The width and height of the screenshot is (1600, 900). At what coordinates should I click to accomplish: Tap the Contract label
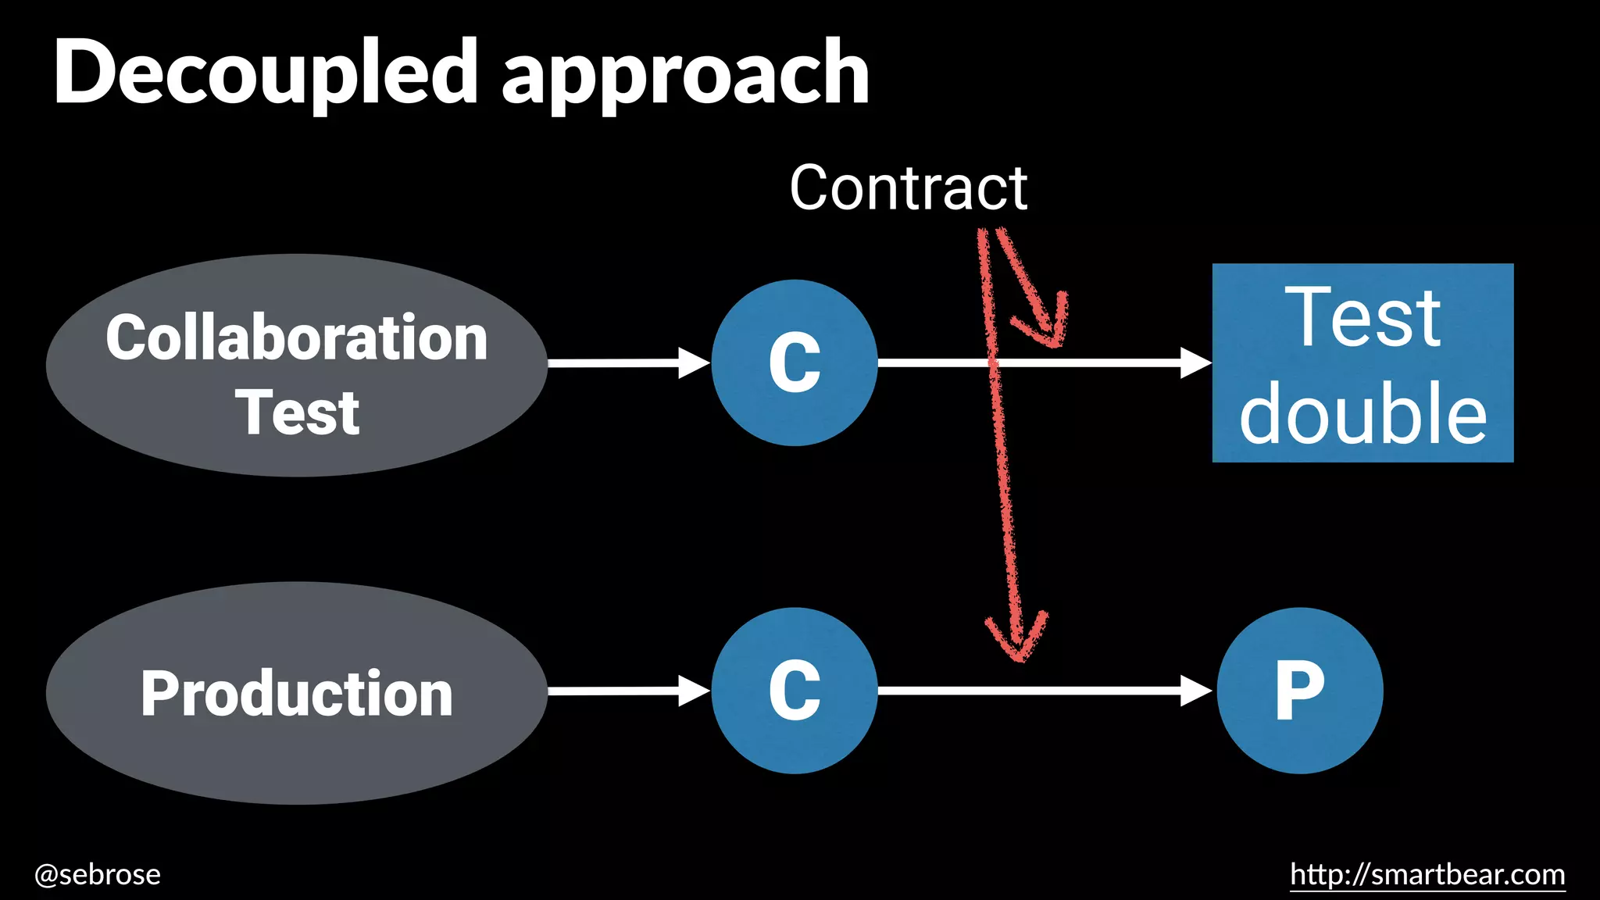click(908, 188)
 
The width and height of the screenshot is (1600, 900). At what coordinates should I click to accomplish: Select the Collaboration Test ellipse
click(296, 365)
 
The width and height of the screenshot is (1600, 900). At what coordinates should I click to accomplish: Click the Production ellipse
click(296, 693)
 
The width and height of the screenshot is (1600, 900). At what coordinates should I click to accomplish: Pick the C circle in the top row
click(794, 362)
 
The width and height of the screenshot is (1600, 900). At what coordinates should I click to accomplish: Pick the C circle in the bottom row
click(794, 691)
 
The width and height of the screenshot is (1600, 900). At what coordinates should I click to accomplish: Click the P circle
click(1299, 691)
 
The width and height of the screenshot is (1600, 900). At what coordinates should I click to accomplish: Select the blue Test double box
click(1362, 362)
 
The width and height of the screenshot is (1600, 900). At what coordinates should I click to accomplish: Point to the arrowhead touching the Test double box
click(1195, 362)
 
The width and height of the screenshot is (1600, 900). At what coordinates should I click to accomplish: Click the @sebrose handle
click(98, 874)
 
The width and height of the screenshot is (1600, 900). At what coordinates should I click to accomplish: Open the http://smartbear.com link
click(1427, 874)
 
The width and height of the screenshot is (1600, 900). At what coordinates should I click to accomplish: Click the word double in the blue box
click(1362, 414)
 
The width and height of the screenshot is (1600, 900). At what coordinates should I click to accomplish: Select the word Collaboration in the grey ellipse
click(296, 337)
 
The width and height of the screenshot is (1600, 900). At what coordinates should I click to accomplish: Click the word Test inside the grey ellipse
click(298, 412)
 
